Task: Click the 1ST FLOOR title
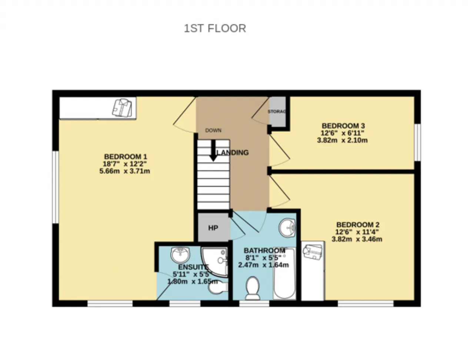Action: pyautogui.click(x=215, y=28)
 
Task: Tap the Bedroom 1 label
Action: pyautogui.click(x=126, y=156)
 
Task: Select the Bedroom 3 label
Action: pyautogui.click(x=343, y=126)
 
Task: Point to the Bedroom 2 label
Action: pyautogui.click(x=358, y=224)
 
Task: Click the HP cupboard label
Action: pyautogui.click(x=213, y=228)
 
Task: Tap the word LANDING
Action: pyautogui.click(x=233, y=153)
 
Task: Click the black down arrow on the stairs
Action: pyautogui.click(x=213, y=151)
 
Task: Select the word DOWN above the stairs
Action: pyautogui.click(x=213, y=130)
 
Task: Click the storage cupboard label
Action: pyautogui.click(x=277, y=111)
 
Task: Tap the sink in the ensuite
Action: pyautogui.click(x=180, y=255)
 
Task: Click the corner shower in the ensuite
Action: pyautogui.click(x=214, y=262)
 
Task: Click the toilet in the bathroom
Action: pyautogui.click(x=253, y=288)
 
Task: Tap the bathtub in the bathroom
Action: pyautogui.click(x=284, y=274)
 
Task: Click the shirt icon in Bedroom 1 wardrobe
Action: pyautogui.click(x=122, y=108)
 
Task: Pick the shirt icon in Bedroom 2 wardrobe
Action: pyautogui.click(x=313, y=252)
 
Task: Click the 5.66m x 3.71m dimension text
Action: pyautogui.click(x=124, y=171)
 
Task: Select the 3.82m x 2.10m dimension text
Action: pyautogui.click(x=342, y=140)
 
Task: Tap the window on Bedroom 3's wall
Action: pyautogui.click(x=418, y=142)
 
